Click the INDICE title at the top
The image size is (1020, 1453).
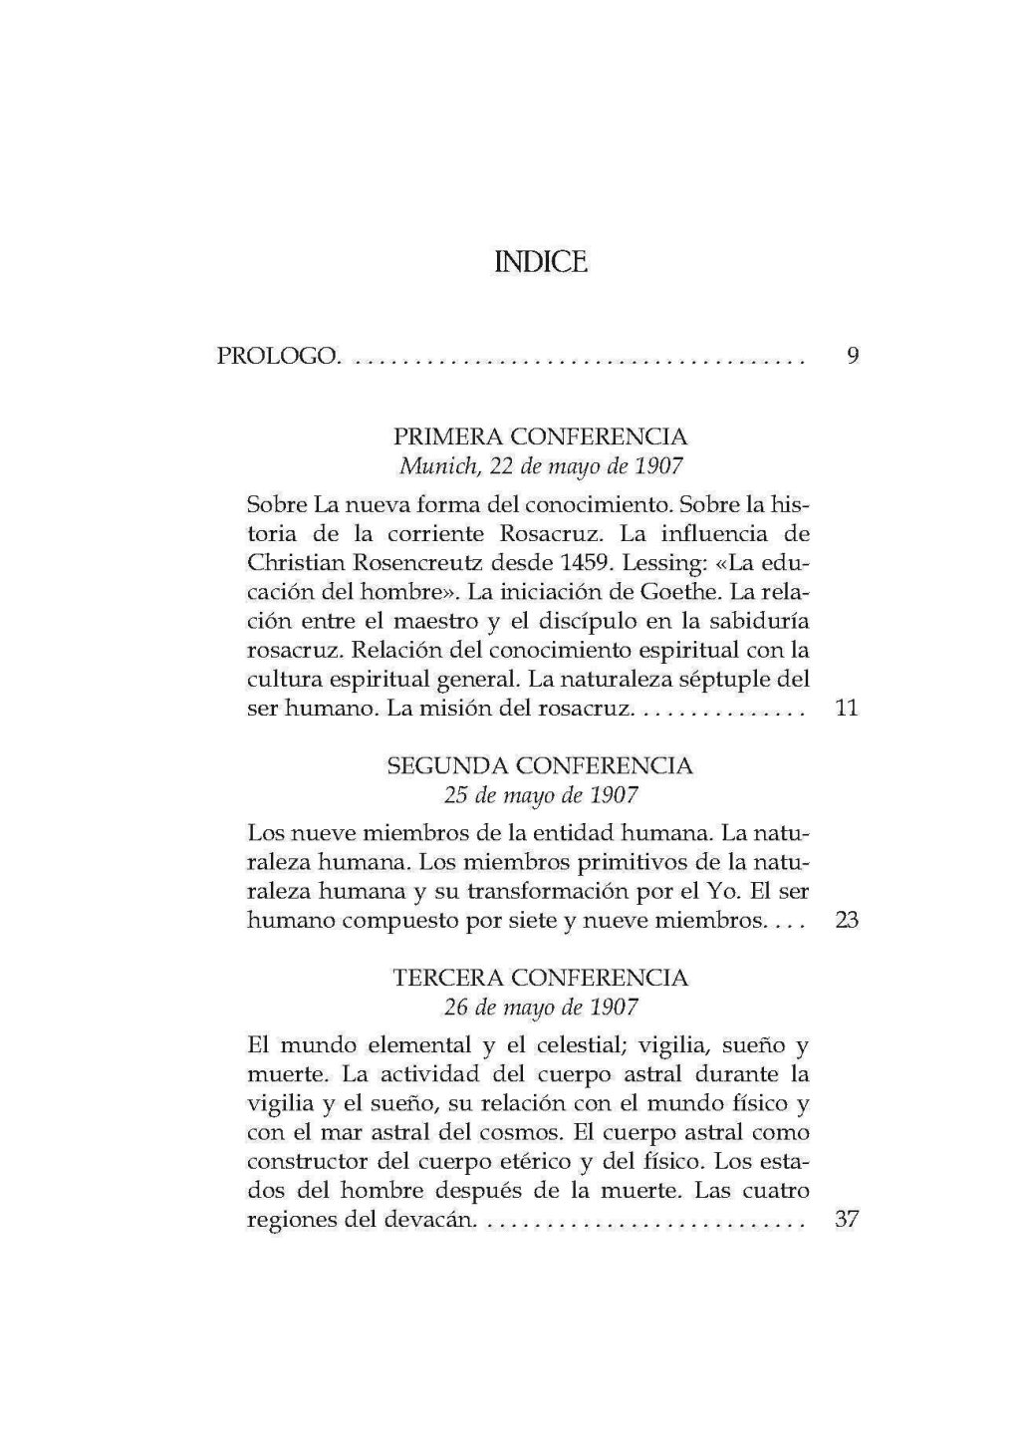[540, 263]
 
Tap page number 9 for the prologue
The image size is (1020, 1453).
[852, 355]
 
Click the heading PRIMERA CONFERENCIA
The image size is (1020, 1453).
[540, 436]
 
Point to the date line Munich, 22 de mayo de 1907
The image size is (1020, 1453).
[540, 465]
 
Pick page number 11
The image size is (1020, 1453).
[848, 710]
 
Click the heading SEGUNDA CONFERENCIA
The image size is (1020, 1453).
[540, 766]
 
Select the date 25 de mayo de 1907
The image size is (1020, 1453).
[540, 795]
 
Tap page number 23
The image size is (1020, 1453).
[847, 920]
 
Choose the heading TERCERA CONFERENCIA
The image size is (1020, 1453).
[540, 978]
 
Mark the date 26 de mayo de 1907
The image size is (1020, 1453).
[540, 1007]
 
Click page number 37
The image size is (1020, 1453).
[847, 1219]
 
